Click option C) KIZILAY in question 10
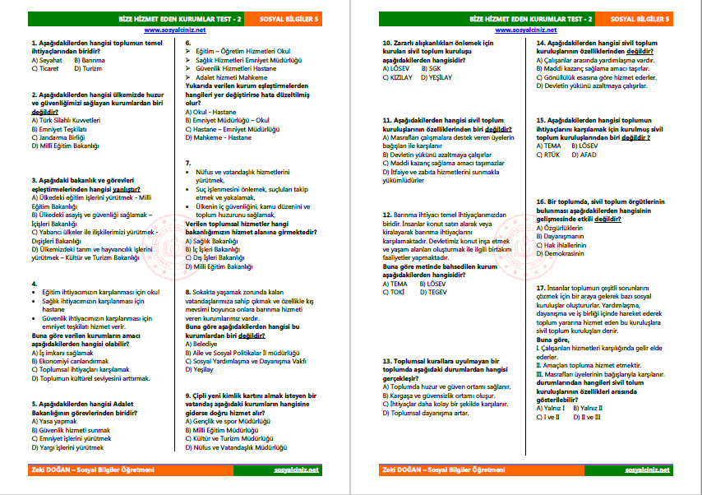[x=398, y=77]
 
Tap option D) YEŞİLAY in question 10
[x=436, y=77]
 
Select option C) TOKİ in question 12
[x=396, y=291]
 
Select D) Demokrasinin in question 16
[x=564, y=253]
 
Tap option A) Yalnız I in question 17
[x=553, y=407]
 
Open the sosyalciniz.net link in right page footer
[x=648, y=470]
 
